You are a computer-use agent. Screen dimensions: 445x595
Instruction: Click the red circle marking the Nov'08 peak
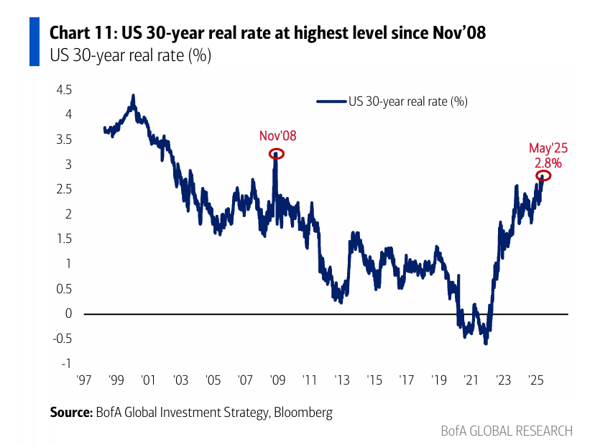pos(277,153)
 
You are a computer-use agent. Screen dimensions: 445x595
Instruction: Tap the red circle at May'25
pos(543,175)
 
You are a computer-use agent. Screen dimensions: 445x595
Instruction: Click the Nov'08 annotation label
pos(277,136)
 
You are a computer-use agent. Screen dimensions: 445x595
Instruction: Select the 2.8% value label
pos(548,162)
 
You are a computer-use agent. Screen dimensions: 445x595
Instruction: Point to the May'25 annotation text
pos(548,148)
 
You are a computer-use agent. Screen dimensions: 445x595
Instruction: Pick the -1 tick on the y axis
pos(68,364)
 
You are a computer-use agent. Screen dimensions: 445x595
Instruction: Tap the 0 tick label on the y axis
pos(68,313)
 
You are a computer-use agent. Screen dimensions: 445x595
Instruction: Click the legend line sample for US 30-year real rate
pos(331,101)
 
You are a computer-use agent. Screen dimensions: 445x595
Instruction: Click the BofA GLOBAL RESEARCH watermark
pos(507,431)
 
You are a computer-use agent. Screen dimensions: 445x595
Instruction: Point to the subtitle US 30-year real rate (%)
pos(129,55)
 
